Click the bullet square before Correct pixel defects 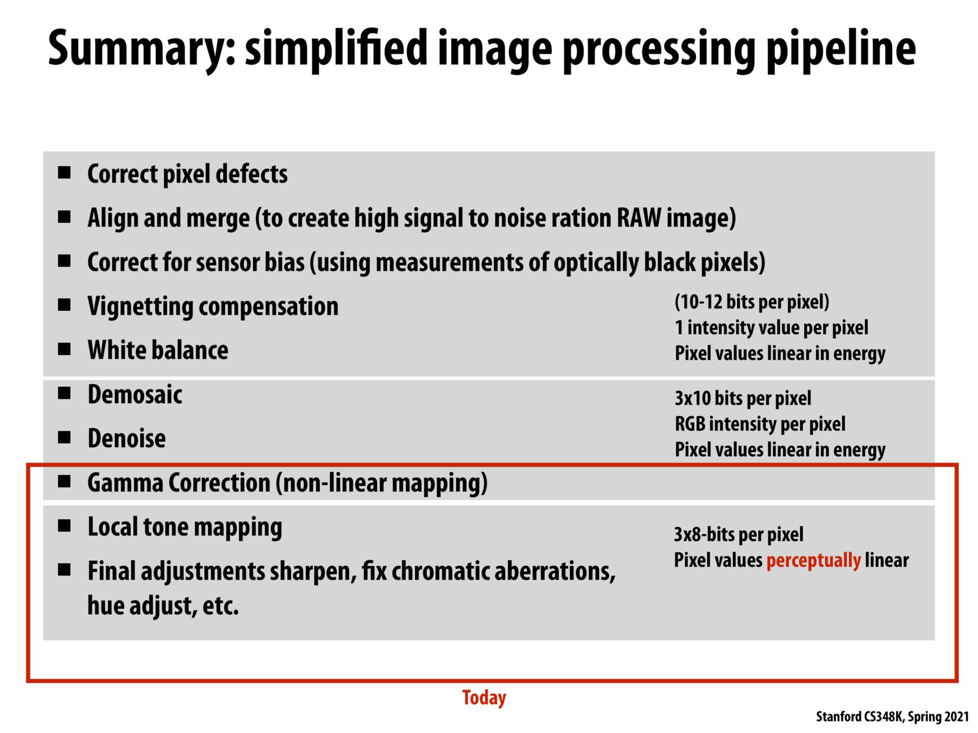click(x=64, y=173)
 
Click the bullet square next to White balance click(x=64, y=349)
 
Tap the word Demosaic click(x=135, y=395)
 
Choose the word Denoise click(x=127, y=439)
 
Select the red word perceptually click(x=813, y=560)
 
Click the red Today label click(x=484, y=698)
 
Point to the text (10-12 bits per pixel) click(x=752, y=302)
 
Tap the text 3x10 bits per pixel click(x=743, y=398)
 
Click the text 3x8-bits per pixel click(x=738, y=534)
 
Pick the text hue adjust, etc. click(x=163, y=606)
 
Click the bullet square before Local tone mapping click(x=64, y=526)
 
